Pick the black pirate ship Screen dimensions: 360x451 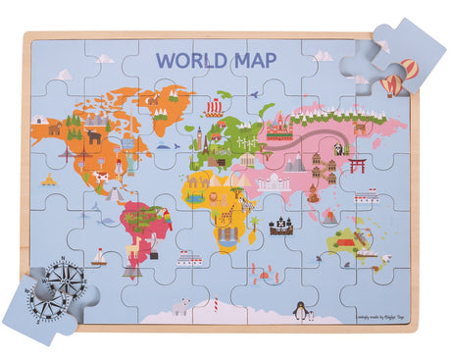(x=282, y=226)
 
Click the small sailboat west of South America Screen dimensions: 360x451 (x=98, y=258)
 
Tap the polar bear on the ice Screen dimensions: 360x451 (x=180, y=307)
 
